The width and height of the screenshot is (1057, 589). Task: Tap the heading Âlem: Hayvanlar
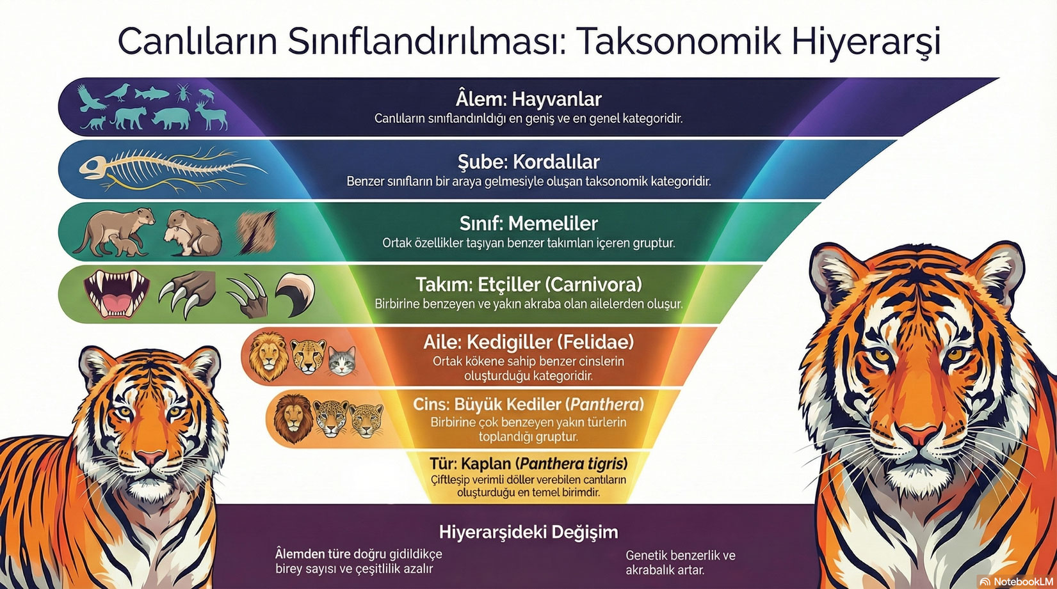tap(529, 99)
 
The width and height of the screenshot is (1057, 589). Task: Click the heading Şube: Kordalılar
tap(529, 162)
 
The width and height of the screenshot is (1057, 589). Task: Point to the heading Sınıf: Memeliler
tap(529, 223)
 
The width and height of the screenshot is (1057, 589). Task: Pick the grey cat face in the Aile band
tap(342, 361)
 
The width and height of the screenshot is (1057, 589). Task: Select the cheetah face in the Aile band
tap(308, 357)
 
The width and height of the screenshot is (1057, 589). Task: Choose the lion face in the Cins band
tap(293, 418)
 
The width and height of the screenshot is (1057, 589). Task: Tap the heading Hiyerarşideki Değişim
tap(529, 532)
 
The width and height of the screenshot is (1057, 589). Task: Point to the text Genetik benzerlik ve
tap(681, 555)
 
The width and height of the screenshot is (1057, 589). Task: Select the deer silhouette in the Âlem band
tap(211, 116)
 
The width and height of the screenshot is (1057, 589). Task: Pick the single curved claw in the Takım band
tap(296, 293)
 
